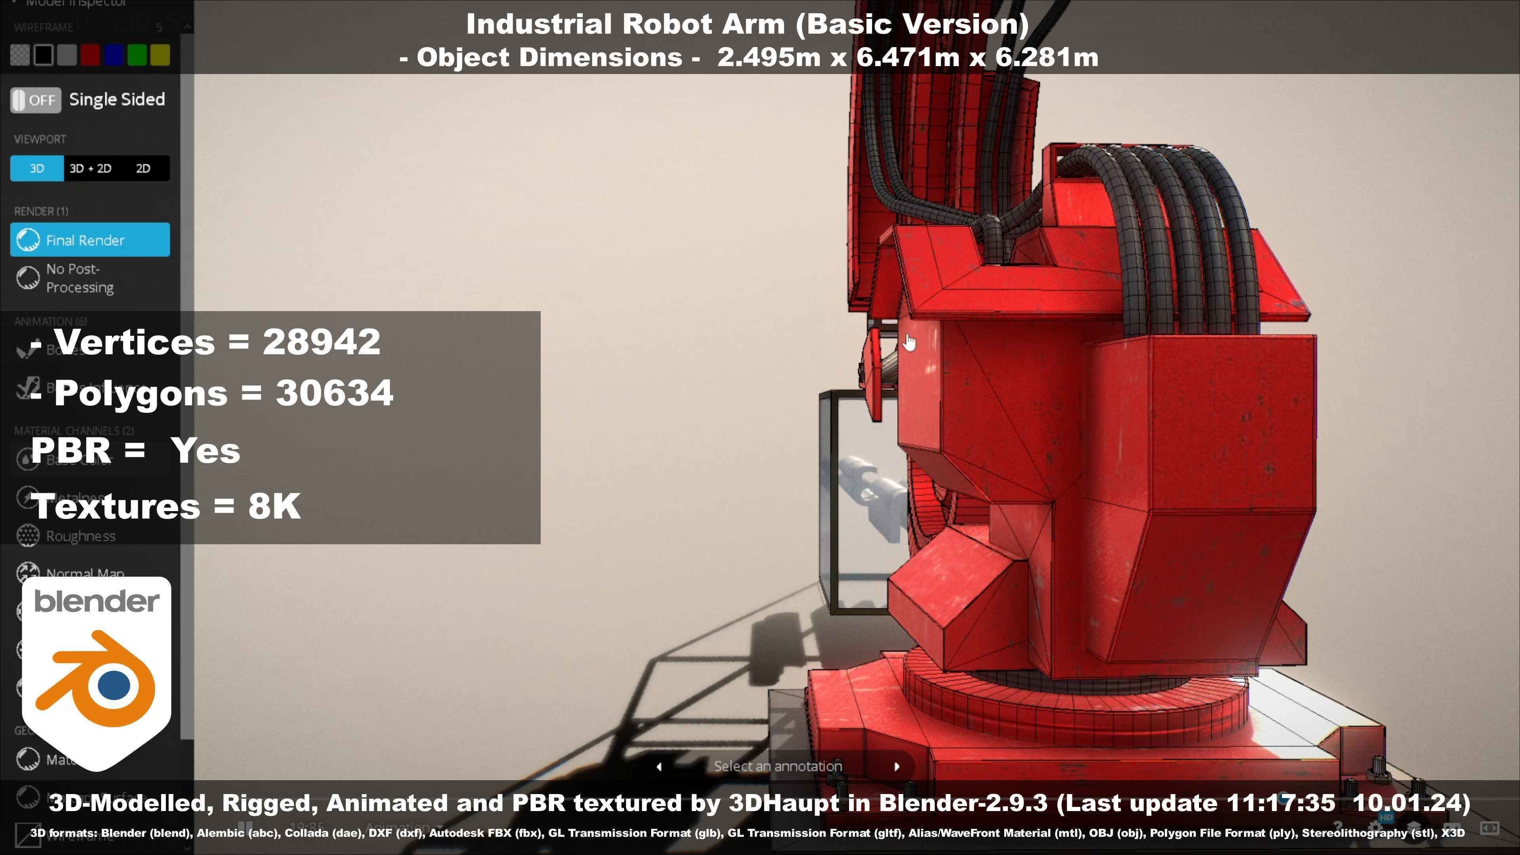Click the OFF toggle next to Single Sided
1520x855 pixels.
[35, 100]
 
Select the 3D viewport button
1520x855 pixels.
[36, 169]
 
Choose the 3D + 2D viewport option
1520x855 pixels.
[90, 169]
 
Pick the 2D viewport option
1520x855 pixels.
[143, 169]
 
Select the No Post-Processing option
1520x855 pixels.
[79, 278]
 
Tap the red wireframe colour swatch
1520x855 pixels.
[90, 55]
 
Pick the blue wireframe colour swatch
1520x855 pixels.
[113, 55]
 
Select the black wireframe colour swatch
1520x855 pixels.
[44, 55]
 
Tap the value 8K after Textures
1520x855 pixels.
[274, 506]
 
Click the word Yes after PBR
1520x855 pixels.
[205, 451]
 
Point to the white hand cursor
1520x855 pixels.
[909, 342]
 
